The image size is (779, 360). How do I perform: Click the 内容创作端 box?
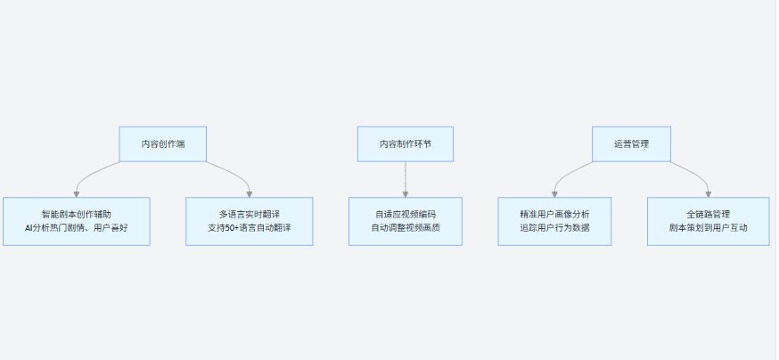point(162,144)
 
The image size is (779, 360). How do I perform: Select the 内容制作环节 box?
point(406,144)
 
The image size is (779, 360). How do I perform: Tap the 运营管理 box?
point(631,144)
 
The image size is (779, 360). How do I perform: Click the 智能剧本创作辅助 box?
point(77,222)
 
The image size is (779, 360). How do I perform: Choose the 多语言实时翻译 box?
point(250,222)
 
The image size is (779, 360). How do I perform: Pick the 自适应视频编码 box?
point(406,222)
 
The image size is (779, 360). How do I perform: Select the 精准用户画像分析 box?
point(554,222)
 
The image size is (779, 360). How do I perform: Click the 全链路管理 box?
point(709,222)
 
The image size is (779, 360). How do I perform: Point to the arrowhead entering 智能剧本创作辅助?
point(77,194)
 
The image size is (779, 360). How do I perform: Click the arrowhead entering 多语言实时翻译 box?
point(250,194)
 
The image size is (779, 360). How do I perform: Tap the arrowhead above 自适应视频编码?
point(406,194)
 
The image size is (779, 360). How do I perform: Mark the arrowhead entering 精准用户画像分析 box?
point(554,194)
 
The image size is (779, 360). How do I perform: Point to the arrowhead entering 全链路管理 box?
point(709,194)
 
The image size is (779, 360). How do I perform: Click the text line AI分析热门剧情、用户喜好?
point(77,228)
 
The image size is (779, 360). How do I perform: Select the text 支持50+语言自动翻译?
point(250,228)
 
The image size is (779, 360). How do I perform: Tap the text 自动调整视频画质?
point(406,228)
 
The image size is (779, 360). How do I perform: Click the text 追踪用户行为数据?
point(554,228)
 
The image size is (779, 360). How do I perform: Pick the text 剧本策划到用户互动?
point(709,228)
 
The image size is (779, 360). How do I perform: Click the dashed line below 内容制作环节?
point(406,176)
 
